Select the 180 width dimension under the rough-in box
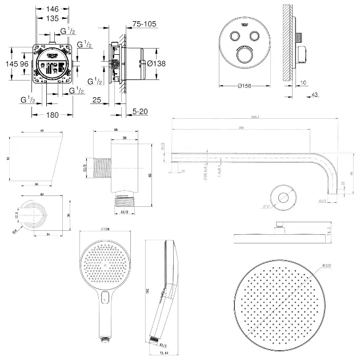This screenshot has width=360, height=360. [53, 115]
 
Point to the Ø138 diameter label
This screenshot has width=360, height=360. [156, 64]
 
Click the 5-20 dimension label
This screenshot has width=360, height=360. [140, 111]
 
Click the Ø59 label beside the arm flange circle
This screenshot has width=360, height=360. [266, 206]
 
